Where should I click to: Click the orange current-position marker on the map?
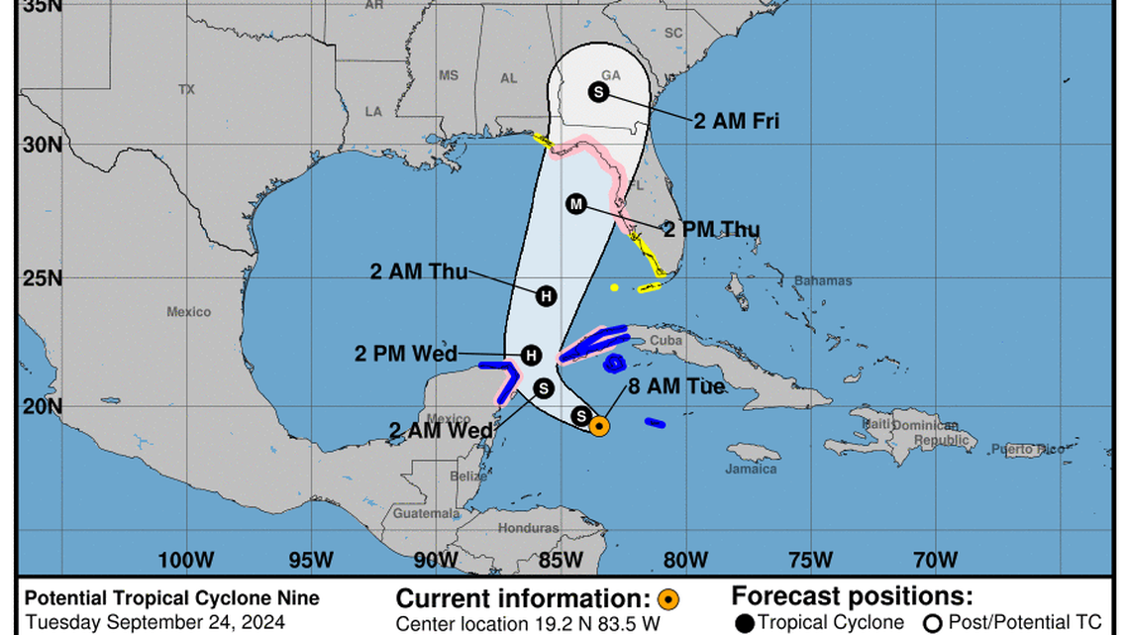coord(599,427)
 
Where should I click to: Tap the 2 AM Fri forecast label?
coord(736,122)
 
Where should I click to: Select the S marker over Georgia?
coord(598,92)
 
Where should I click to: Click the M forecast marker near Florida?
coord(576,204)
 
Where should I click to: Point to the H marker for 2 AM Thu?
coord(546,295)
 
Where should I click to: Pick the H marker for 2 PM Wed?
coord(532,355)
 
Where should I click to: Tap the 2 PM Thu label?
coord(711,231)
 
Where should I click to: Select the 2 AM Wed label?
coord(442,430)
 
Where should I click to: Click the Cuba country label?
coord(666,341)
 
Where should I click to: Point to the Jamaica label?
coord(751,469)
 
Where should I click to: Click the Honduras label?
coord(528,528)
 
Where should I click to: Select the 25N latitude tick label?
coord(43,277)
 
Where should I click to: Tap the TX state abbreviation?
coord(186,89)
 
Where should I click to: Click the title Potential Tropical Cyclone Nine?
coord(172,597)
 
